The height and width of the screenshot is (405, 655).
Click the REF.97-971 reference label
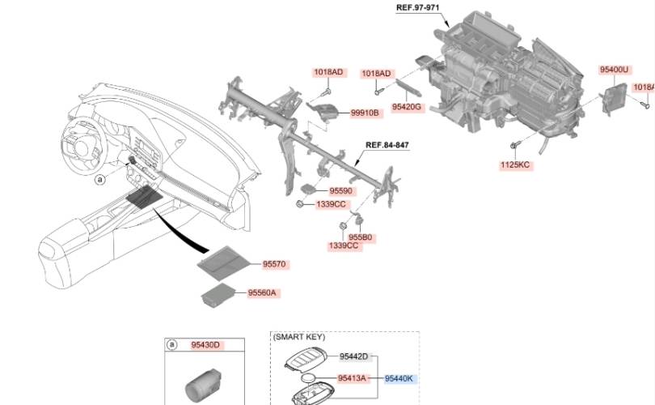[416, 7]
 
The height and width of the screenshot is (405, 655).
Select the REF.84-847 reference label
[387, 145]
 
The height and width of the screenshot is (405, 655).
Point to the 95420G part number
[407, 106]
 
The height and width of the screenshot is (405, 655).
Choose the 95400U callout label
[614, 70]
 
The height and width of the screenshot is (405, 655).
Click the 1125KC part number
[514, 164]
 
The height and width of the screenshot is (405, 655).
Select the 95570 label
[275, 264]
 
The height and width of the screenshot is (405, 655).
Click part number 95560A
[268, 292]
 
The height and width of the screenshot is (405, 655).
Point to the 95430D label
[205, 345]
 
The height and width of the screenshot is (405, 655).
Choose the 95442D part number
[353, 356]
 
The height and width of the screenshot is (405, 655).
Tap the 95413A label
[353, 378]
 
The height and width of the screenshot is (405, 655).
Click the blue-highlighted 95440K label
[399, 378]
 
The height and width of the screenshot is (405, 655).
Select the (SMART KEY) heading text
[298, 336]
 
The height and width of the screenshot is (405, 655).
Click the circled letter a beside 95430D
[171, 345]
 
